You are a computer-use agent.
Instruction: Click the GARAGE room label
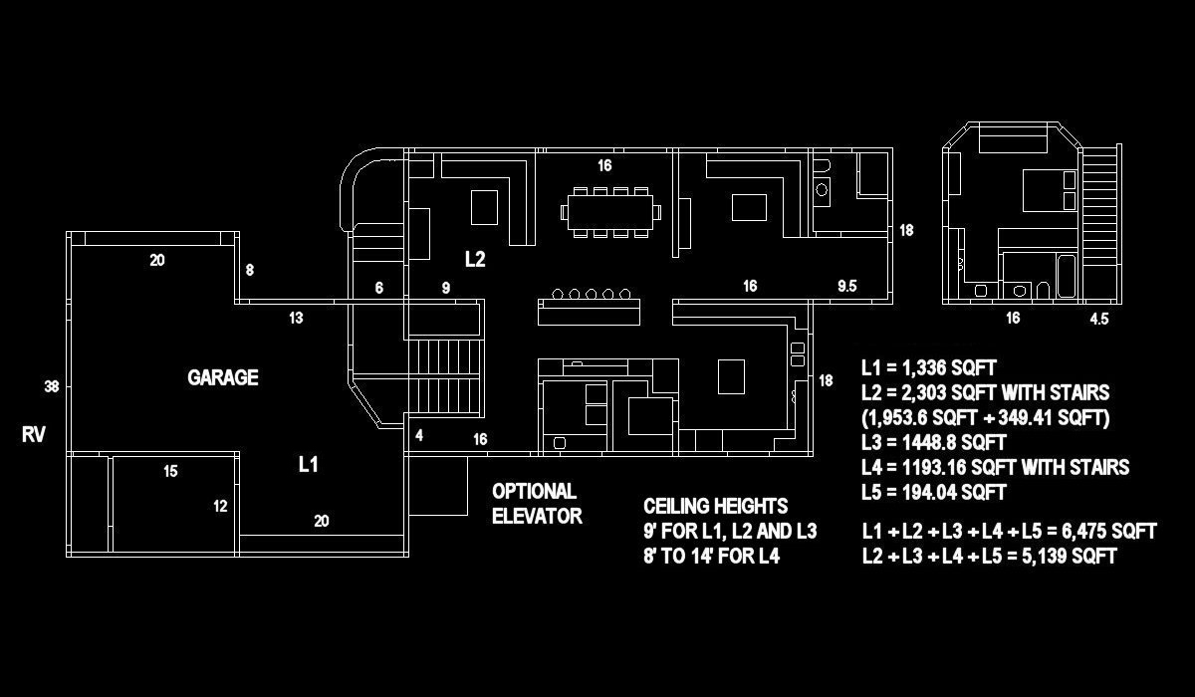click(223, 377)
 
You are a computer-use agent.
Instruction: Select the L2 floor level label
click(475, 259)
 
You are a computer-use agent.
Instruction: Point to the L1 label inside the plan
click(309, 464)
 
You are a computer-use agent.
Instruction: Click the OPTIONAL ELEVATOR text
click(536, 503)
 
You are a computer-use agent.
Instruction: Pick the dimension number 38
click(52, 385)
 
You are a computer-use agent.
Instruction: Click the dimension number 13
click(296, 319)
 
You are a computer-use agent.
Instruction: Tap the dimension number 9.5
click(847, 286)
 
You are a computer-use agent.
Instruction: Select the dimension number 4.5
click(1099, 320)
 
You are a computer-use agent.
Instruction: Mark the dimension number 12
click(220, 506)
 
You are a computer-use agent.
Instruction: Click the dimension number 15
click(170, 471)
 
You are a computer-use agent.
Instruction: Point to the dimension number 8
click(249, 270)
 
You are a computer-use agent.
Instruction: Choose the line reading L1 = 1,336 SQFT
click(929, 368)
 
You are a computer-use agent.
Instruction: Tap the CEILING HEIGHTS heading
click(715, 506)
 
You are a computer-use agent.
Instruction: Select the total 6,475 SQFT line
click(1009, 532)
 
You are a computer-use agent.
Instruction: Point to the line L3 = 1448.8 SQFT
click(934, 442)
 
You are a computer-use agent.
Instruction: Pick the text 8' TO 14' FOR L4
click(711, 556)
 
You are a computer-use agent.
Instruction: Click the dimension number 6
click(378, 288)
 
